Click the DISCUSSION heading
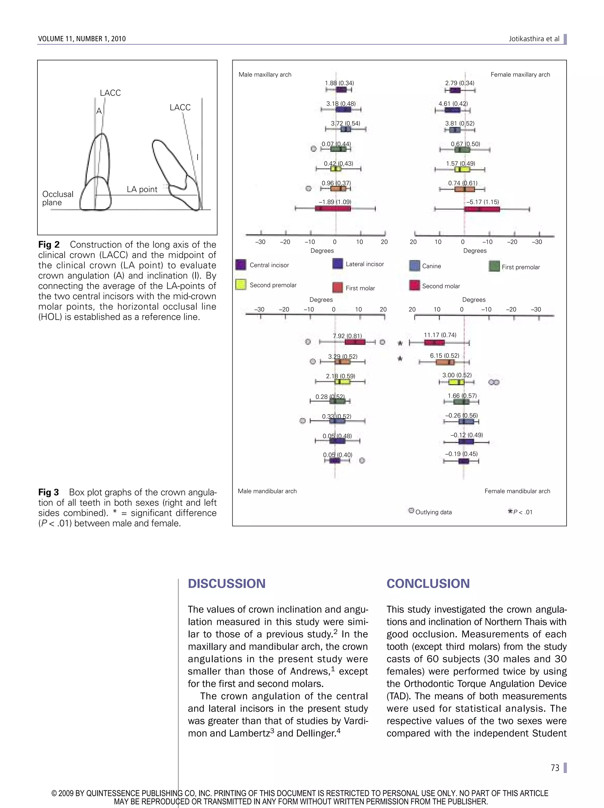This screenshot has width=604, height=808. [x=226, y=583]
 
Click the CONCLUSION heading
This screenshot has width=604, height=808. [x=428, y=583]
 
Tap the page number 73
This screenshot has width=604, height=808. [x=555, y=768]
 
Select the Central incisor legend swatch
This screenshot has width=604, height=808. [x=240, y=264]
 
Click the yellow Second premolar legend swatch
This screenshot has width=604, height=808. [x=240, y=284]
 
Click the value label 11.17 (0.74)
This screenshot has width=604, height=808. [x=440, y=335]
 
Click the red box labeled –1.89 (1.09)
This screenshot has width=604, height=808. [x=332, y=209]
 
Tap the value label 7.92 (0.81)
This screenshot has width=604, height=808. [x=347, y=336]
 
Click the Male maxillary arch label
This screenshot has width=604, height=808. [x=265, y=75]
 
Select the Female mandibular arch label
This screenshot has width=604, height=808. [x=517, y=491]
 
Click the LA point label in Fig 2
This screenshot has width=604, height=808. [x=142, y=189]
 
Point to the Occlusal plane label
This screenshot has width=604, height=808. [x=58, y=198]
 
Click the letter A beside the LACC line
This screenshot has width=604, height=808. [x=99, y=111]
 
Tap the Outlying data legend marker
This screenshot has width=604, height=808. [x=411, y=511]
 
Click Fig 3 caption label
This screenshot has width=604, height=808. [x=49, y=492]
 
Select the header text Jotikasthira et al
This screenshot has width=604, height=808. [x=534, y=39]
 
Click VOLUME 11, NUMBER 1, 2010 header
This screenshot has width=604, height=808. [x=82, y=39]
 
